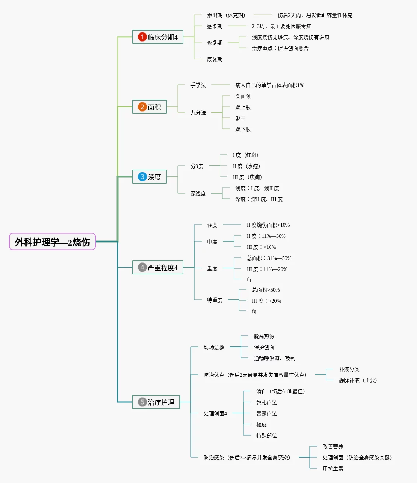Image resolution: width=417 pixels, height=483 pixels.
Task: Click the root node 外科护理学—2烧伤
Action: [x=52, y=242]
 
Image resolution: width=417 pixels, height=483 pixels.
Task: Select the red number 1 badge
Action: [x=142, y=37]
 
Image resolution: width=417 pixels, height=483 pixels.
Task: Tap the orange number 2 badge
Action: [x=142, y=107]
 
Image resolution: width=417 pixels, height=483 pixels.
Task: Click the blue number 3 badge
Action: [x=142, y=177]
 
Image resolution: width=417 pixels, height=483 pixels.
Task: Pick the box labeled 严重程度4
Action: [x=158, y=267]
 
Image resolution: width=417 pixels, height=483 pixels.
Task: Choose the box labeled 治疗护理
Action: [x=156, y=402]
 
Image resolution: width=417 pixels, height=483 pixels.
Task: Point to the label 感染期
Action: [x=215, y=26]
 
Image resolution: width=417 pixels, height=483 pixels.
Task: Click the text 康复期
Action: [x=215, y=59]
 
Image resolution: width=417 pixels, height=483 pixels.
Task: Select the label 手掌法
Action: [x=198, y=85]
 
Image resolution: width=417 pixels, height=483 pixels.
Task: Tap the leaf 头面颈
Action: [x=243, y=96]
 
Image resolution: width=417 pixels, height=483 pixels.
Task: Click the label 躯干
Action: [x=241, y=118]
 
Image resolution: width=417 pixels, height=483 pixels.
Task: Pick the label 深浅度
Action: [x=198, y=194]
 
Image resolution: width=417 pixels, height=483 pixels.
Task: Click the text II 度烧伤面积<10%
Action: [x=268, y=225]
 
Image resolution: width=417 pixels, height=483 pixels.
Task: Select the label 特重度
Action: [x=215, y=300]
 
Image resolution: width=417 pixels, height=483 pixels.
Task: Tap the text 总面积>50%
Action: [x=266, y=290]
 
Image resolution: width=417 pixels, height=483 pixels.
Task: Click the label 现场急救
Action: [x=214, y=347]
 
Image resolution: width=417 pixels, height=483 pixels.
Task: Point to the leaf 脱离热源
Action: [x=264, y=336]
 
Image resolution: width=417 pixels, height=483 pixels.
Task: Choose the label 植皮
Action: [x=262, y=424]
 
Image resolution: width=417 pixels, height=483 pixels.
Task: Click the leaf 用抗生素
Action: [x=333, y=469]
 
